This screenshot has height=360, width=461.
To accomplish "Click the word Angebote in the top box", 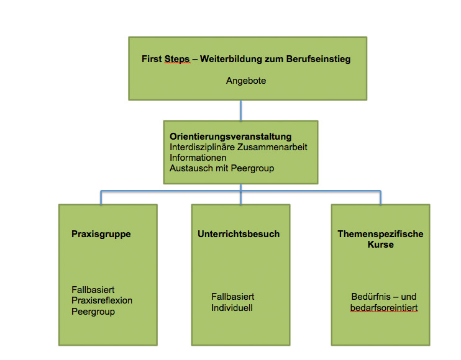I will (x=246, y=81).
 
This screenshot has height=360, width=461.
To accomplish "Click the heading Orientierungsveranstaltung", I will (x=230, y=137).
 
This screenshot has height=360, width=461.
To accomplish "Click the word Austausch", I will (x=190, y=168).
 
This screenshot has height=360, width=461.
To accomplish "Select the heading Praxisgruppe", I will (x=101, y=235).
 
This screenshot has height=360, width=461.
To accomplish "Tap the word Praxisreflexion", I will (x=102, y=300).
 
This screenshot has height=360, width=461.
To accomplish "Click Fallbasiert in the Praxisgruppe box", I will (x=93, y=290).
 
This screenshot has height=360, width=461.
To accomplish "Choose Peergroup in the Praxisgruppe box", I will (x=94, y=311).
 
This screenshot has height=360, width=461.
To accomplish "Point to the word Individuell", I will (x=232, y=307).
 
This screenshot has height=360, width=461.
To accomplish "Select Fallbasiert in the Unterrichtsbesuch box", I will (x=233, y=297).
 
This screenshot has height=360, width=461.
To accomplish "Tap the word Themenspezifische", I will (x=380, y=234).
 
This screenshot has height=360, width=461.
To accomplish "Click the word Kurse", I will (x=380, y=245).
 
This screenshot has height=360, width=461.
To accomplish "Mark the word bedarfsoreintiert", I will (x=383, y=307).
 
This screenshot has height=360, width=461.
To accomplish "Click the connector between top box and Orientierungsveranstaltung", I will (x=240, y=110).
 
